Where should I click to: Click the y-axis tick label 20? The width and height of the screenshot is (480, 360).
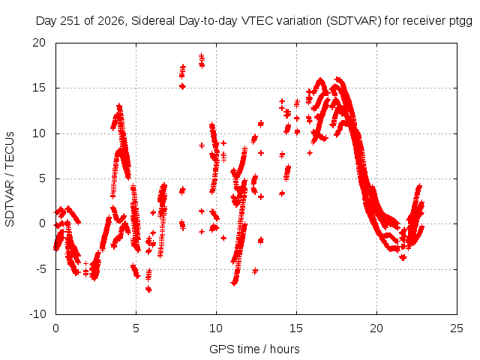click(39, 43)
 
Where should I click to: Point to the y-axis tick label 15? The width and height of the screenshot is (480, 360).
click(39, 88)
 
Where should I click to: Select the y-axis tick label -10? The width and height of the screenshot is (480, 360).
click(37, 314)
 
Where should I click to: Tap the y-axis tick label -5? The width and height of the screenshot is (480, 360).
click(40, 269)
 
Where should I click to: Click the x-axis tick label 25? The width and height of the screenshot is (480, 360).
click(457, 328)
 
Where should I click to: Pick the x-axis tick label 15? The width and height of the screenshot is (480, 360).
click(296, 328)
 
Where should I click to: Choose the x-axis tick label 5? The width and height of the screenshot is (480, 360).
click(136, 328)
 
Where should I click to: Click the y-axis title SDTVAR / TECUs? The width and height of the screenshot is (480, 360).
click(10, 179)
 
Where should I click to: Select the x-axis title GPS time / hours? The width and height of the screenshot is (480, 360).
click(254, 349)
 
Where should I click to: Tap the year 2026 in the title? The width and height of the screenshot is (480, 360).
click(111, 21)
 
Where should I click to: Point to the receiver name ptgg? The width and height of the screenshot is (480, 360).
click(461, 22)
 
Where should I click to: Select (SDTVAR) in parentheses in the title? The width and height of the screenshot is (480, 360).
click(354, 21)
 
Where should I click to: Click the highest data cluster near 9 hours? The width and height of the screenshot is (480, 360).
click(202, 60)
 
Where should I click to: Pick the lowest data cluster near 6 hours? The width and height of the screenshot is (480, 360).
click(148, 289)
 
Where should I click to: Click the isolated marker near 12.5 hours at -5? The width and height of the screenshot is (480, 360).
click(255, 271)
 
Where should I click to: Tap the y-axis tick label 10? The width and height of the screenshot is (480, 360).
click(39, 133)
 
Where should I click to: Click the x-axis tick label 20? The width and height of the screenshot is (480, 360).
click(376, 328)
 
